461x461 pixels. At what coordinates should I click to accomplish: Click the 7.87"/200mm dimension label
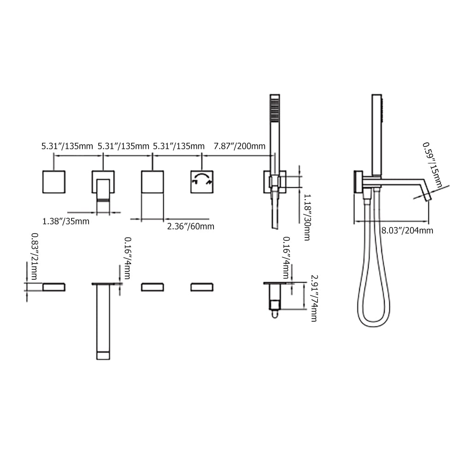239,146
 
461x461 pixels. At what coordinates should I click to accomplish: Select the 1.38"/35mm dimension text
65,221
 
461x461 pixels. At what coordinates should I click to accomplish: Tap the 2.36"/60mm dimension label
190,226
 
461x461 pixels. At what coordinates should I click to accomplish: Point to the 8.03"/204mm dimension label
407,230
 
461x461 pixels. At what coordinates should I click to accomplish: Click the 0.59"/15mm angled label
432,165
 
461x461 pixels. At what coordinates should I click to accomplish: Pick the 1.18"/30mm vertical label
307,217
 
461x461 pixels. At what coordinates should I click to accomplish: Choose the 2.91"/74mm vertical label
314,298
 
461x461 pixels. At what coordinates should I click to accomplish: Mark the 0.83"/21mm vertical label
35,256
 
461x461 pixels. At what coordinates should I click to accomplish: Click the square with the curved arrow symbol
202,182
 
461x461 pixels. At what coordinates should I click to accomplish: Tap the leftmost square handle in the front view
54,182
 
